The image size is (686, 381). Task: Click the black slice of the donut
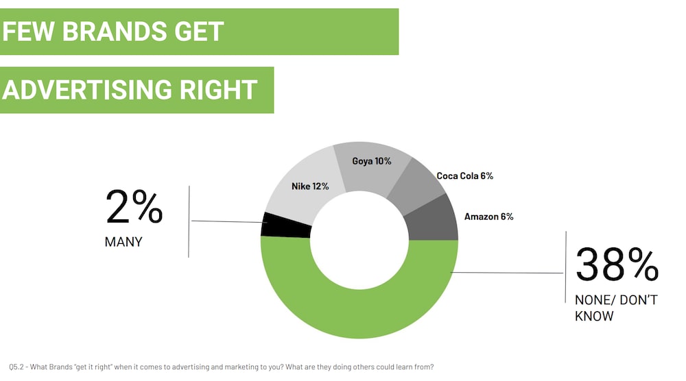pyautogui.click(x=285, y=225)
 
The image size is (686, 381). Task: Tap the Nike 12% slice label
pyautogui.click(x=310, y=186)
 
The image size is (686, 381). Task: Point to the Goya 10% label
pyautogui.click(x=371, y=161)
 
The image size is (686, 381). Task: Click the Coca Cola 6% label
pyautogui.click(x=464, y=175)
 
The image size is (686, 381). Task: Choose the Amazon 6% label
pyautogui.click(x=488, y=217)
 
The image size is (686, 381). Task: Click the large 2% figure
pyautogui.click(x=134, y=207)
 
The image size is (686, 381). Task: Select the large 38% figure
pyautogui.click(x=617, y=265)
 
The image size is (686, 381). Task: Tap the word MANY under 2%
pyautogui.click(x=123, y=242)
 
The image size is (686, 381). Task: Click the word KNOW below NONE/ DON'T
pyautogui.click(x=594, y=316)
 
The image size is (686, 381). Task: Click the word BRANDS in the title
pyautogui.click(x=114, y=32)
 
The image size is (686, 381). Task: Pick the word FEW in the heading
pyautogui.click(x=28, y=32)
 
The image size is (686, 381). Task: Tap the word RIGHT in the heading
pyautogui.click(x=218, y=90)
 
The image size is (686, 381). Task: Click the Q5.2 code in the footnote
pyautogui.click(x=16, y=367)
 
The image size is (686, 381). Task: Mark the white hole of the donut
pyautogui.click(x=359, y=240)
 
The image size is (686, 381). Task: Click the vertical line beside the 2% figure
pyautogui.click(x=189, y=221)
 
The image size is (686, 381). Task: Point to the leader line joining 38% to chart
pyautogui.click(x=507, y=273)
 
